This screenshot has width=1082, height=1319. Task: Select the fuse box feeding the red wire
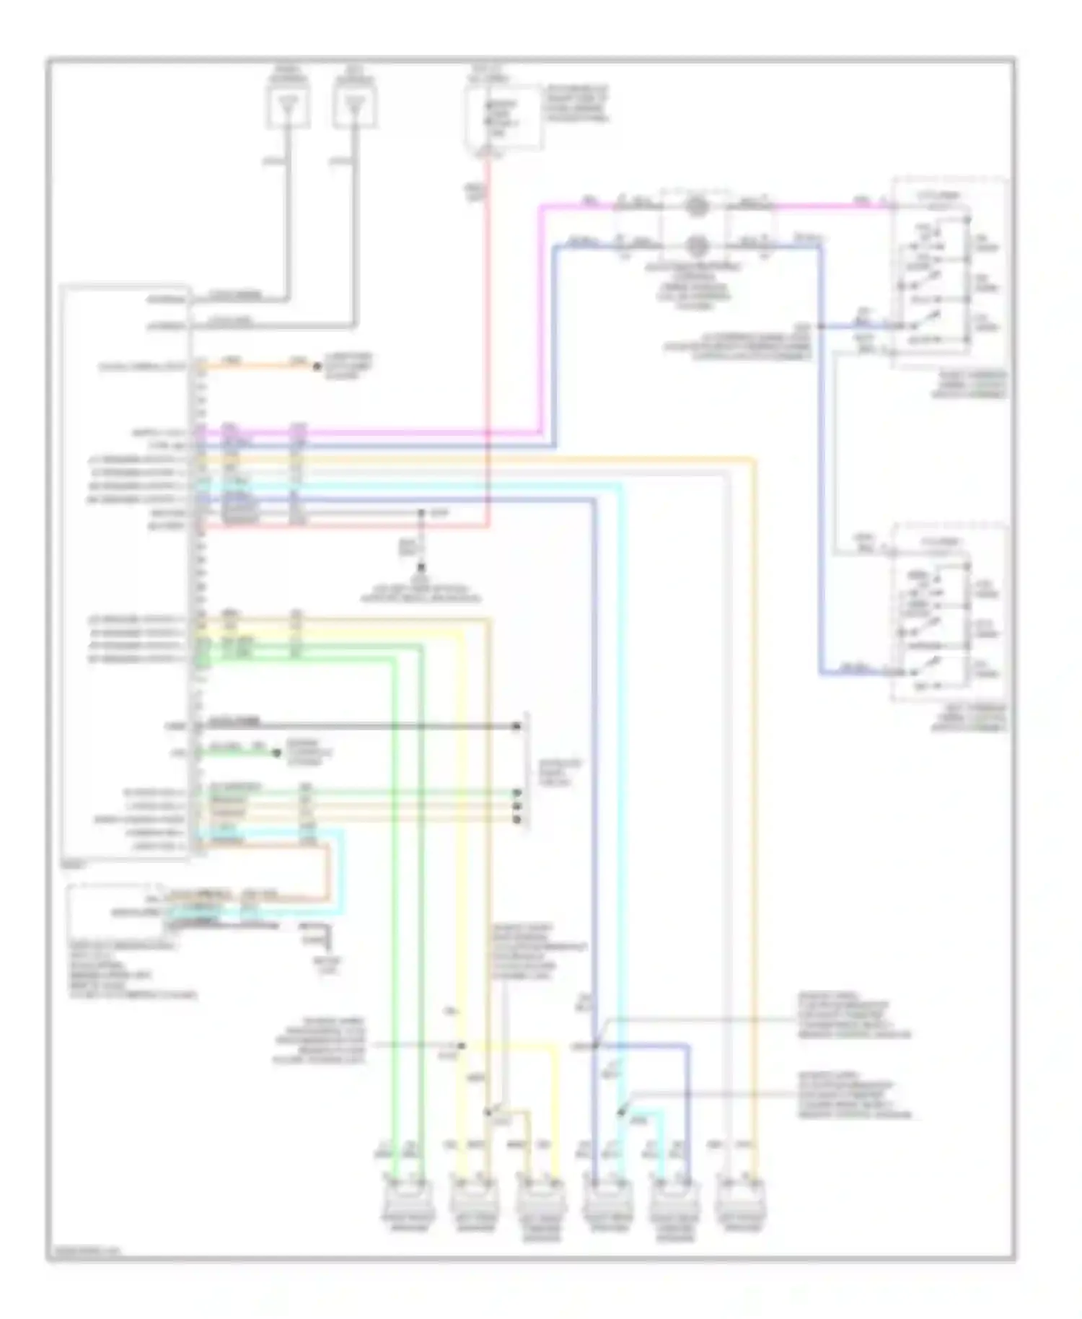pos(503,119)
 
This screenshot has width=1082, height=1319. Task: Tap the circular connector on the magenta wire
pos(695,206)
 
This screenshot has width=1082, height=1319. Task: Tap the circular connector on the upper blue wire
pos(695,245)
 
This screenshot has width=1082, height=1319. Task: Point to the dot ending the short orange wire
pos(316,367)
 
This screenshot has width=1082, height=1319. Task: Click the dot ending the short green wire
pos(276,753)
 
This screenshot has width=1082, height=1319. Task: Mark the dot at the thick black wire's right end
pos(516,726)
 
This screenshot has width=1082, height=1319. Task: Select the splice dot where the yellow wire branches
pos(462,1046)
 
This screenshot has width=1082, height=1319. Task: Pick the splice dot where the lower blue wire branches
pos(596,1046)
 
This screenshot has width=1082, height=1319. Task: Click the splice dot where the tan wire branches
pos(488,1112)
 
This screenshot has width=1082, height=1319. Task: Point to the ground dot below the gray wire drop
pos(421,567)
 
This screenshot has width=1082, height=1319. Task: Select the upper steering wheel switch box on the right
pos(949,273)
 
